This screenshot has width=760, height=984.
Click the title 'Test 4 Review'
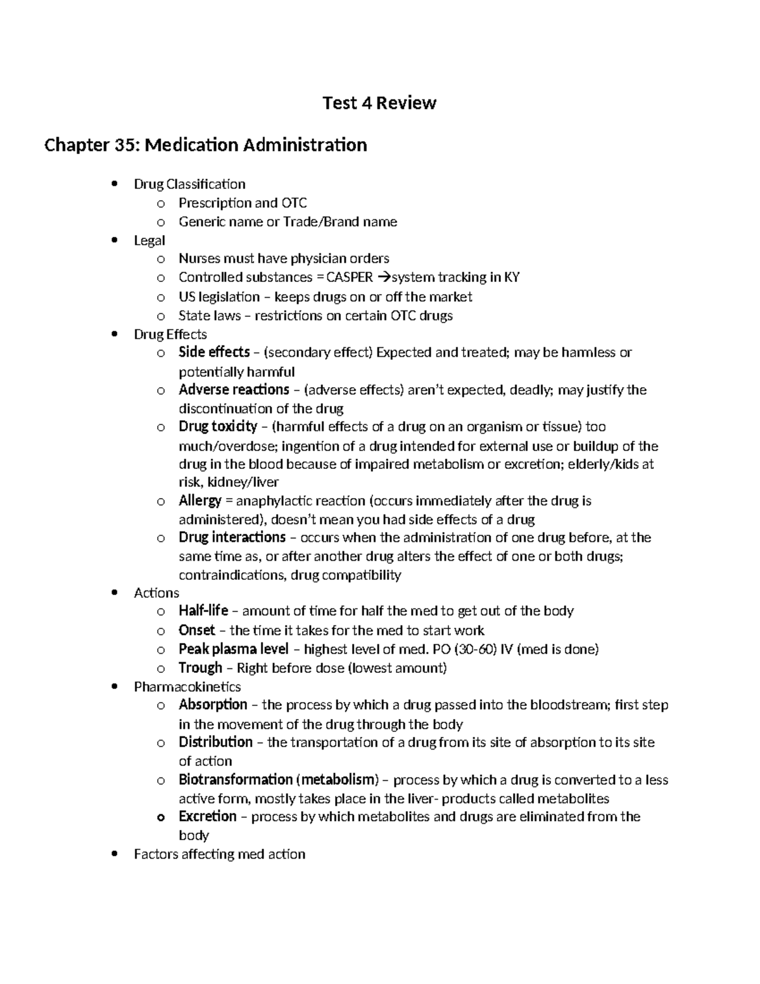[x=379, y=103]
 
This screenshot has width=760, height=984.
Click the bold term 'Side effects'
[x=214, y=352]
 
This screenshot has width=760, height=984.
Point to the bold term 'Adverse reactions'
[x=234, y=390]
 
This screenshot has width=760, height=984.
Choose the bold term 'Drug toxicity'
[x=218, y=426]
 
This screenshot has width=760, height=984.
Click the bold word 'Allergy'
[x=199, y=501]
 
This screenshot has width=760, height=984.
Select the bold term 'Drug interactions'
[x=232, y=537]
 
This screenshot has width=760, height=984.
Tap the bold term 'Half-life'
[x=203, y=611]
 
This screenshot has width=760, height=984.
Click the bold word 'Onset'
[x=197, y=630]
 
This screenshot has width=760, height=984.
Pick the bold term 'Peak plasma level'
[x=233, y=649]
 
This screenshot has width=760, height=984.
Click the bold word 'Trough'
[x=200, y=668]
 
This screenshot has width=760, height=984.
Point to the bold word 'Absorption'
[x=213, y=705]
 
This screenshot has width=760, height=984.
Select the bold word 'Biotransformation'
[x=236, y=779]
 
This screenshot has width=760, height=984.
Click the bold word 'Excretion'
[x=208, y=816]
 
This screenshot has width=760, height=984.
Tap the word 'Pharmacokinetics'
[x=187, y=687]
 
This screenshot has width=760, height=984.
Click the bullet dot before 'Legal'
[x=114, y=240]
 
